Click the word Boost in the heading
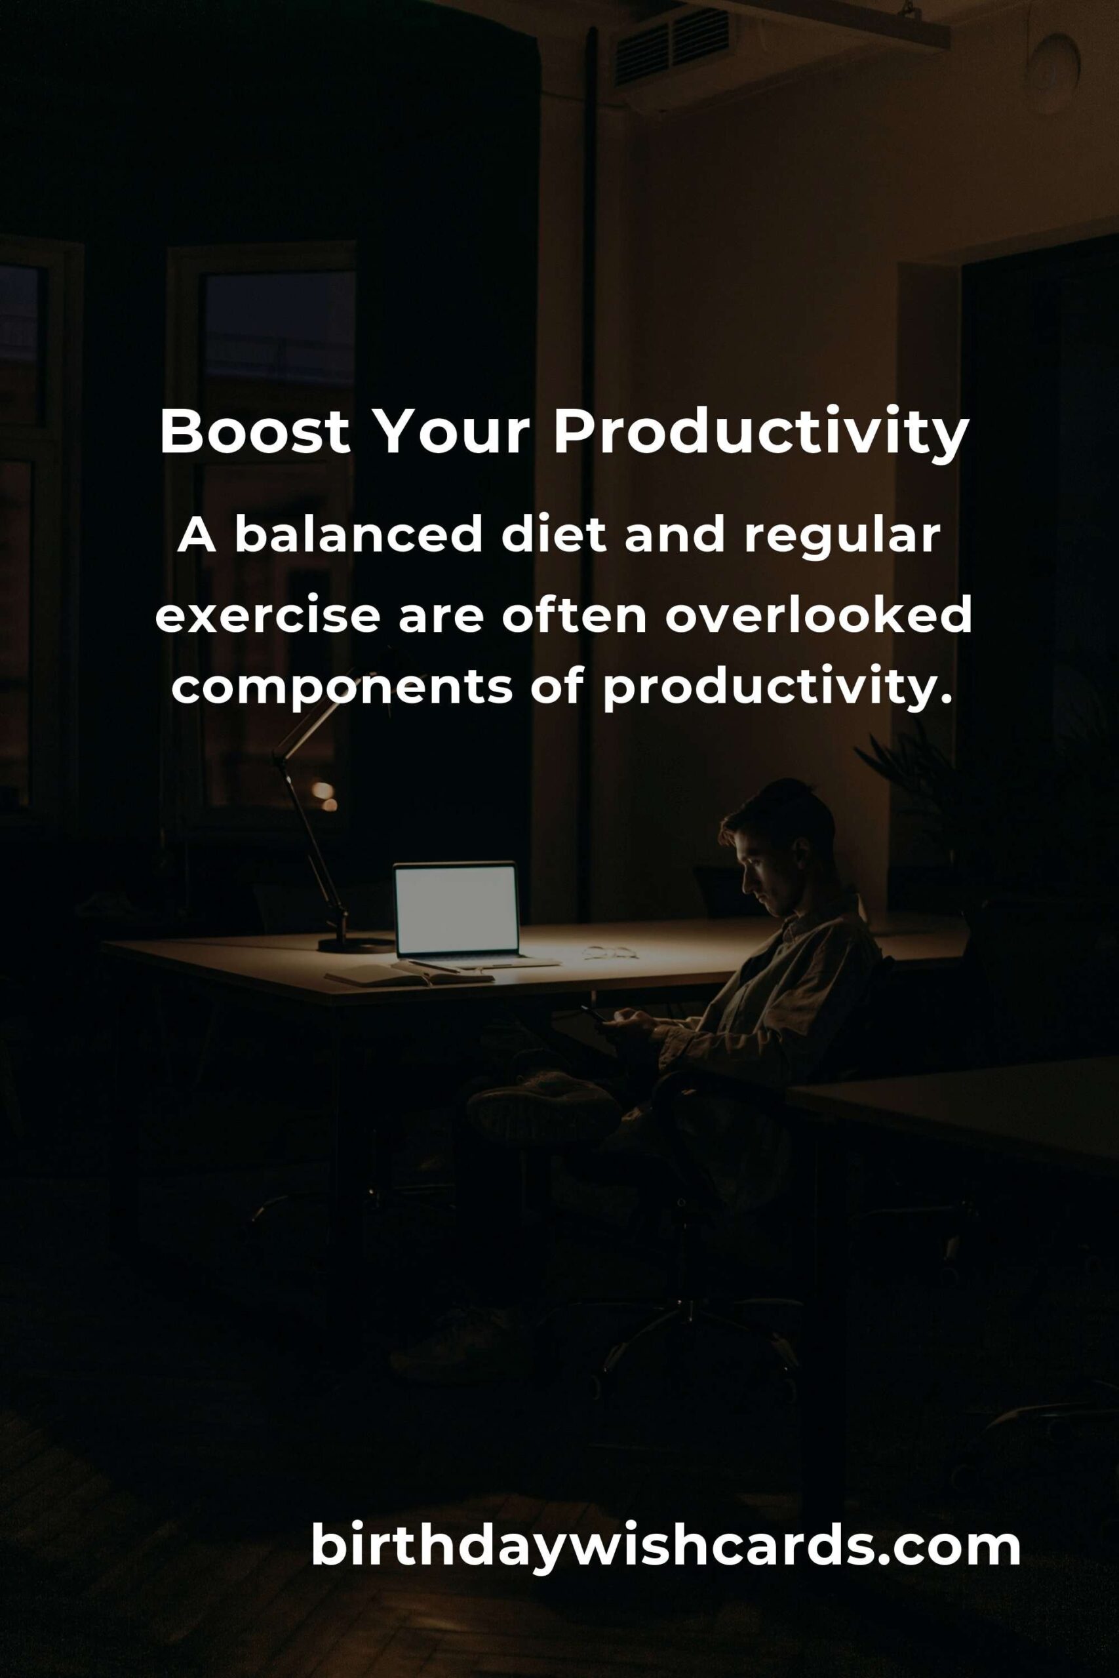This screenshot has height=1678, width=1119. click(255, 433)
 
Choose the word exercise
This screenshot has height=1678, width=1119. click(267, 616)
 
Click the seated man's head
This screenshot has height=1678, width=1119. click(778, 846)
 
